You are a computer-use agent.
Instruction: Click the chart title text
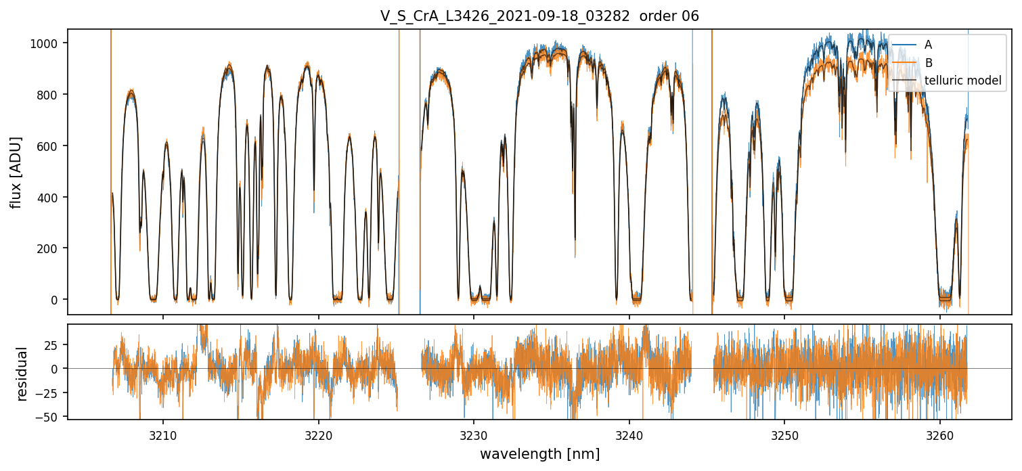click(539, 16)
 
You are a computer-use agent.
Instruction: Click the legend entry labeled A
click(928, 45)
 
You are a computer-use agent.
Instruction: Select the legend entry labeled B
click(928, 63)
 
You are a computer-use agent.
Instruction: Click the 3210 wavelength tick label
click(162, 436)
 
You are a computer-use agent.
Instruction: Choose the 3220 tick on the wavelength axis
click(318, 436)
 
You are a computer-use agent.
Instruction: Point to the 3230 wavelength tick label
click(474, 436)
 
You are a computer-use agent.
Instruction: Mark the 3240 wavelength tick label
click(629, 436)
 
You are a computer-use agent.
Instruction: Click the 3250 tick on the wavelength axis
click(784, 436)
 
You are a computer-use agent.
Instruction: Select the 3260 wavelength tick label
click(940, 436)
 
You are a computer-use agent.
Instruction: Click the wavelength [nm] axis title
click(539, 454)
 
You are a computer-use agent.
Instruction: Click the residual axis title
click(22, 373)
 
